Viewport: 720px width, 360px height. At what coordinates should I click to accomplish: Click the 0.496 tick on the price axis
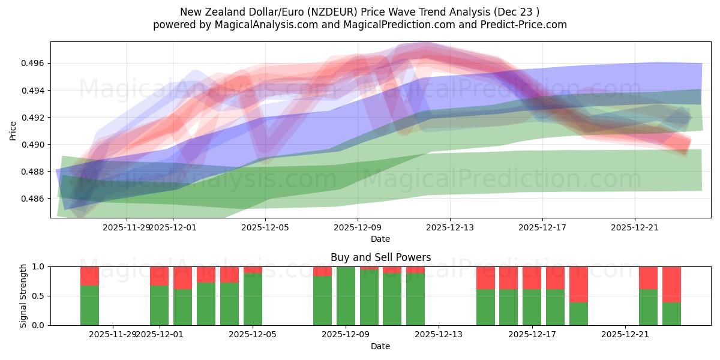(34, 64)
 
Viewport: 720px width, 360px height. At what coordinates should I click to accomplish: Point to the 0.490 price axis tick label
(34, 145)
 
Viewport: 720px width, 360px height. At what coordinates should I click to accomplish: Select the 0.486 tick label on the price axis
(34, 199)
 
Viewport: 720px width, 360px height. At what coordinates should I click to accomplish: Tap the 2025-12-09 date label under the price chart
(358, 227)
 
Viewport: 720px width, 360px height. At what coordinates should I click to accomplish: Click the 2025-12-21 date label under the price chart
(635, 227)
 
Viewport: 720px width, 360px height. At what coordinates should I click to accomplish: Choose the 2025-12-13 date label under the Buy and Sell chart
(439, 334)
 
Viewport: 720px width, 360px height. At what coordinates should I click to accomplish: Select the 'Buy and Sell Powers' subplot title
(380, 257)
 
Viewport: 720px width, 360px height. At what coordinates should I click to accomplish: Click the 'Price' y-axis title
(13, 130)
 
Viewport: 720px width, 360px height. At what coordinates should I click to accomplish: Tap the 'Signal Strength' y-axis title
(24, 296)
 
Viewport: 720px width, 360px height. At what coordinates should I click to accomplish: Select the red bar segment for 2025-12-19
(578, 284)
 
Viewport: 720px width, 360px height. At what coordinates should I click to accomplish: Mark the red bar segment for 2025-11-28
(89, 276)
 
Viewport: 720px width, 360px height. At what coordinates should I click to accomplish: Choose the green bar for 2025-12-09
(346, 296)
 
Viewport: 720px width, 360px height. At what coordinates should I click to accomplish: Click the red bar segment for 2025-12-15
(485, 278)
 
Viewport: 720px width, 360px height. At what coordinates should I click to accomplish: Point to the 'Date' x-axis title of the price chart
(380, 239)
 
